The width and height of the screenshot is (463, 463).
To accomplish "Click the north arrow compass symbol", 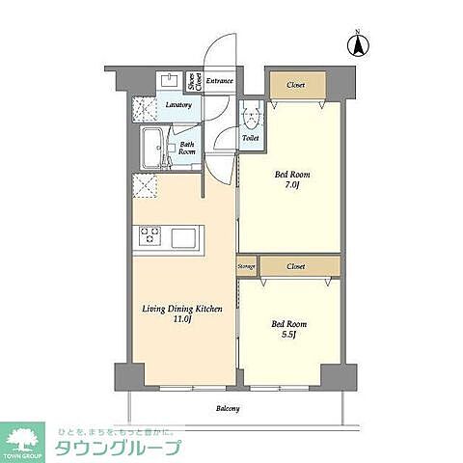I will (x=357, y=44).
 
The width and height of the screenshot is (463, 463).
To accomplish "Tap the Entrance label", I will (x=221, y=80).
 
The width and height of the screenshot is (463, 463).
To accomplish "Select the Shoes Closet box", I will (x=193, y=80).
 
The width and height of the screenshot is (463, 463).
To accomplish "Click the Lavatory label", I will (x=178, y=104).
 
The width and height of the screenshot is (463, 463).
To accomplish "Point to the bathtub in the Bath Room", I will (x=152, y=148).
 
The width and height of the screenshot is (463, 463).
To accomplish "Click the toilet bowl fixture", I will (x=252, y=117).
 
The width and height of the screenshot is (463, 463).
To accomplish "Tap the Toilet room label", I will (x=251, y=138).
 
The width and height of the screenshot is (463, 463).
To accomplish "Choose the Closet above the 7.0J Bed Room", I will (x=296, y=85).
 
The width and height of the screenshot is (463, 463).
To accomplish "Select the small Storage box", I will (x=245, y=264).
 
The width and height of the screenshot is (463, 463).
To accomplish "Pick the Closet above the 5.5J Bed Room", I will (x=297, y=264).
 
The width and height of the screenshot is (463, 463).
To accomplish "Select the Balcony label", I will (x=228, y=409).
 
